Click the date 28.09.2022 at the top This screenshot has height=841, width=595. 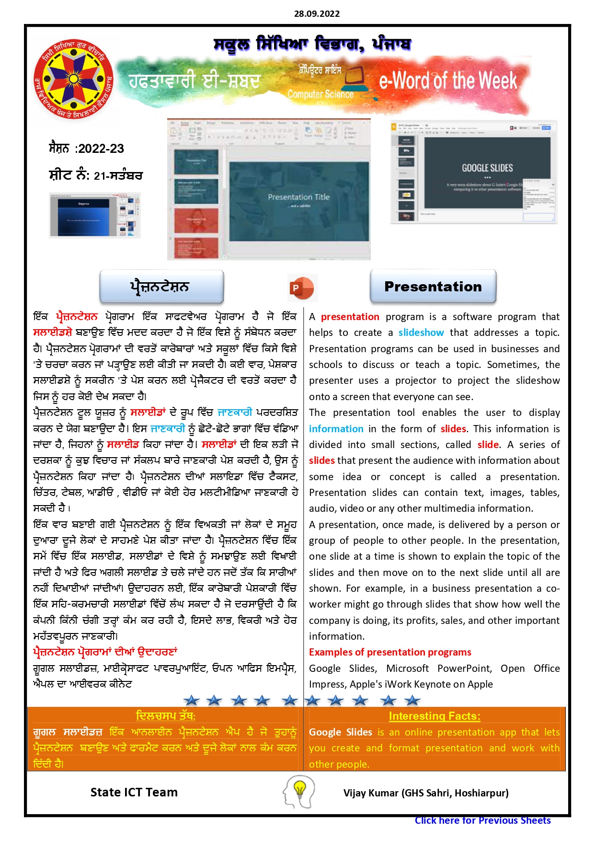(x=317, y=14)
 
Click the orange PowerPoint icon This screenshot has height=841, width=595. (x=301, y=288)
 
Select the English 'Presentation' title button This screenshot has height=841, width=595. (x=433, y=287)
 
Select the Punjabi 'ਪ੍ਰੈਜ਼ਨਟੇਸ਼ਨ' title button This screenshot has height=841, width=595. (x=161, y=287)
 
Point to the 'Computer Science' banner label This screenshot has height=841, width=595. (x=320, y=94)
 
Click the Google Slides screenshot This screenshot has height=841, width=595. (x=474, y=172)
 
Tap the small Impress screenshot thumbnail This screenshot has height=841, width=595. (x=95, y=215)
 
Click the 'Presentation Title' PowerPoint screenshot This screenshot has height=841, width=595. (x=269, y=189)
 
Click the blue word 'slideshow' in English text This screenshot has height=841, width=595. (x=421, y=333)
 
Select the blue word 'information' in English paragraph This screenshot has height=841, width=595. (x=336, y=429)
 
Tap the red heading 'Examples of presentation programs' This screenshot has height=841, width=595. (x=390, y=652)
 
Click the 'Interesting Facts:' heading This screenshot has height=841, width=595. (x=435, y=716)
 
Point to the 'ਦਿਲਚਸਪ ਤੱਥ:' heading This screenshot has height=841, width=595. (x=165, y=716)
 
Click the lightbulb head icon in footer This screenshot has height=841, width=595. (x=299, y=792)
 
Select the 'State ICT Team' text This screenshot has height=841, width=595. (x=134, y=793)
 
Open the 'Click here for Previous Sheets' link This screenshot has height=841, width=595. (x=482, y=820)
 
